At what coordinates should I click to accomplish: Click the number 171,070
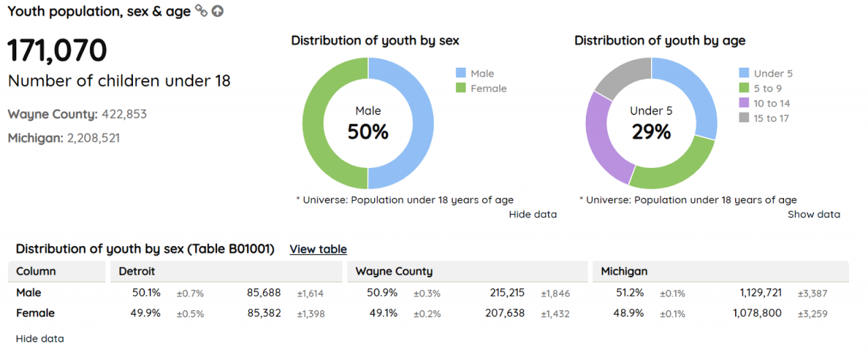(x=57, y=51)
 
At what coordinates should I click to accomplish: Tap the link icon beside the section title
(x=201, y=10)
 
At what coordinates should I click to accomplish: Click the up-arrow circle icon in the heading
(x=217, y=11)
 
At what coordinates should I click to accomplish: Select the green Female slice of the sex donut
(x=314, y=123)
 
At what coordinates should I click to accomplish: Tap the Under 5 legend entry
(x=772, y=73)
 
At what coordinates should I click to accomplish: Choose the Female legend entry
(x=488, y=88)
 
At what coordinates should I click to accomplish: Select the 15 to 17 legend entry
(x=771, y=118)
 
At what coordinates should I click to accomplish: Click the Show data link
(x=813, y=214)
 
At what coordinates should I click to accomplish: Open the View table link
(x=318, y=249)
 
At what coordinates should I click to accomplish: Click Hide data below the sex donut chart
(x=532, y=214)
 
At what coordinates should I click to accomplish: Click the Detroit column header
(x=137, y=271)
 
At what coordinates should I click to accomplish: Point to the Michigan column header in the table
(x=624, y=271)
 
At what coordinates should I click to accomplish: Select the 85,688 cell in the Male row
(x=263, y=293)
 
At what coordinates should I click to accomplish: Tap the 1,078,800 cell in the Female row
(x=757, y=313)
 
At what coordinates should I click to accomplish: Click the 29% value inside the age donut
(x=651, y=132)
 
